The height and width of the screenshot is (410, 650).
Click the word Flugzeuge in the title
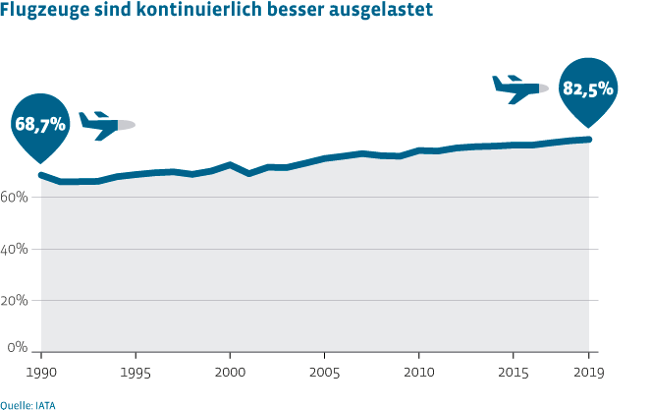tap(43, 14)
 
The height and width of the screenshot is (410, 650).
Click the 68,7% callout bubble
tap(39, 124)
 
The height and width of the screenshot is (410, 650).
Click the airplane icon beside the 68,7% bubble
tap(105, 125)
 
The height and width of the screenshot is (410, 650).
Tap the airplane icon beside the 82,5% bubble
tap(517, 88)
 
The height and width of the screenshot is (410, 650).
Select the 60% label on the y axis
tap(15, 197)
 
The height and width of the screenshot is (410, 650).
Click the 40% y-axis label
tap(15, 249)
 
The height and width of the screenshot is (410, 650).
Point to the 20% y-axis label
tap(15, 301)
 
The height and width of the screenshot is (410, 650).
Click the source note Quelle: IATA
tap(27, 402)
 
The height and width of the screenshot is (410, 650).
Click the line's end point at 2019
tap(589, 140)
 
